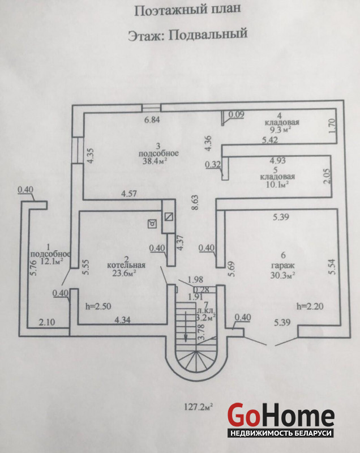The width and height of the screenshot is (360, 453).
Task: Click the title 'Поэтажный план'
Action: click(181, 10)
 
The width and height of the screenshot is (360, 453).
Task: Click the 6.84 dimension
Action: click(153, 120)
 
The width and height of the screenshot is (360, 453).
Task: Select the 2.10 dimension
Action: click(47, 322)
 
